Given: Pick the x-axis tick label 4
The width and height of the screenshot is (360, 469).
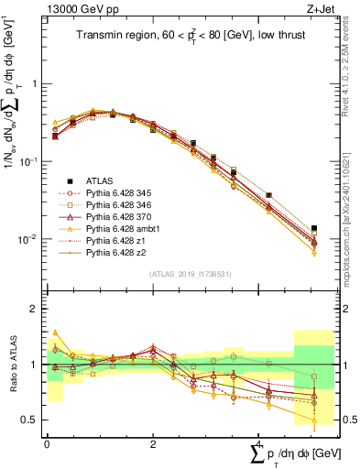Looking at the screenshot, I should click(x=259, y=444).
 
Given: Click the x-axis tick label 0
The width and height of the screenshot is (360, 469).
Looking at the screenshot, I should click(x=47, y=444).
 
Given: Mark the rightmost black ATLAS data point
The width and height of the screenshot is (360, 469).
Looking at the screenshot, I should click(x=314, y=228).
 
